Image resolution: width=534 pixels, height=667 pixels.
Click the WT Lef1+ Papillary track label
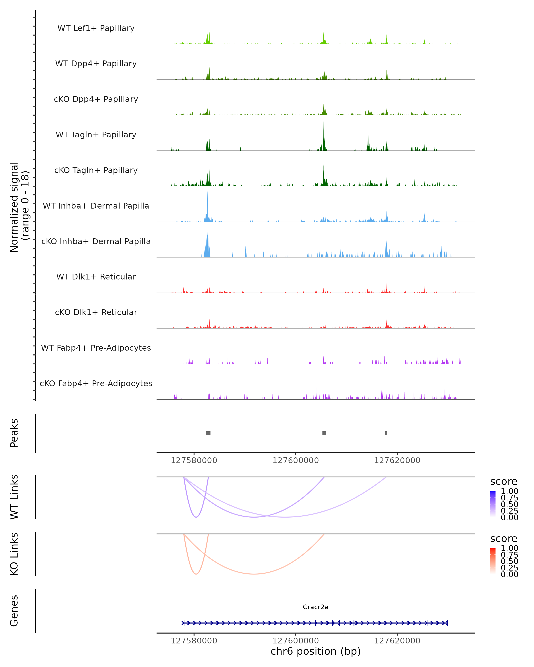(96, 28)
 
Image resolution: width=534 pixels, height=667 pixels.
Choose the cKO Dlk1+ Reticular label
(96, 312)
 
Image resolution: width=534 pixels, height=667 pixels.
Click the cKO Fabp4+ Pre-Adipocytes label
(96, 383)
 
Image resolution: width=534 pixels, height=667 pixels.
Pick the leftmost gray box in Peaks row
(208, 433)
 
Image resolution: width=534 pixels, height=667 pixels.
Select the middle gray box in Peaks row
(324, 433)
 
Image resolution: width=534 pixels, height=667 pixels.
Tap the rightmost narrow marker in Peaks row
(386, 433)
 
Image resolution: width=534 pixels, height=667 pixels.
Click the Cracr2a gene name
(316, 607)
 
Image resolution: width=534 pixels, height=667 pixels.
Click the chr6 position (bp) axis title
(316, 651)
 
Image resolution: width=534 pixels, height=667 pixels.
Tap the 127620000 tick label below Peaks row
(397, 460)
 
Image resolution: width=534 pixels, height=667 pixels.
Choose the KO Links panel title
(14, 554)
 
